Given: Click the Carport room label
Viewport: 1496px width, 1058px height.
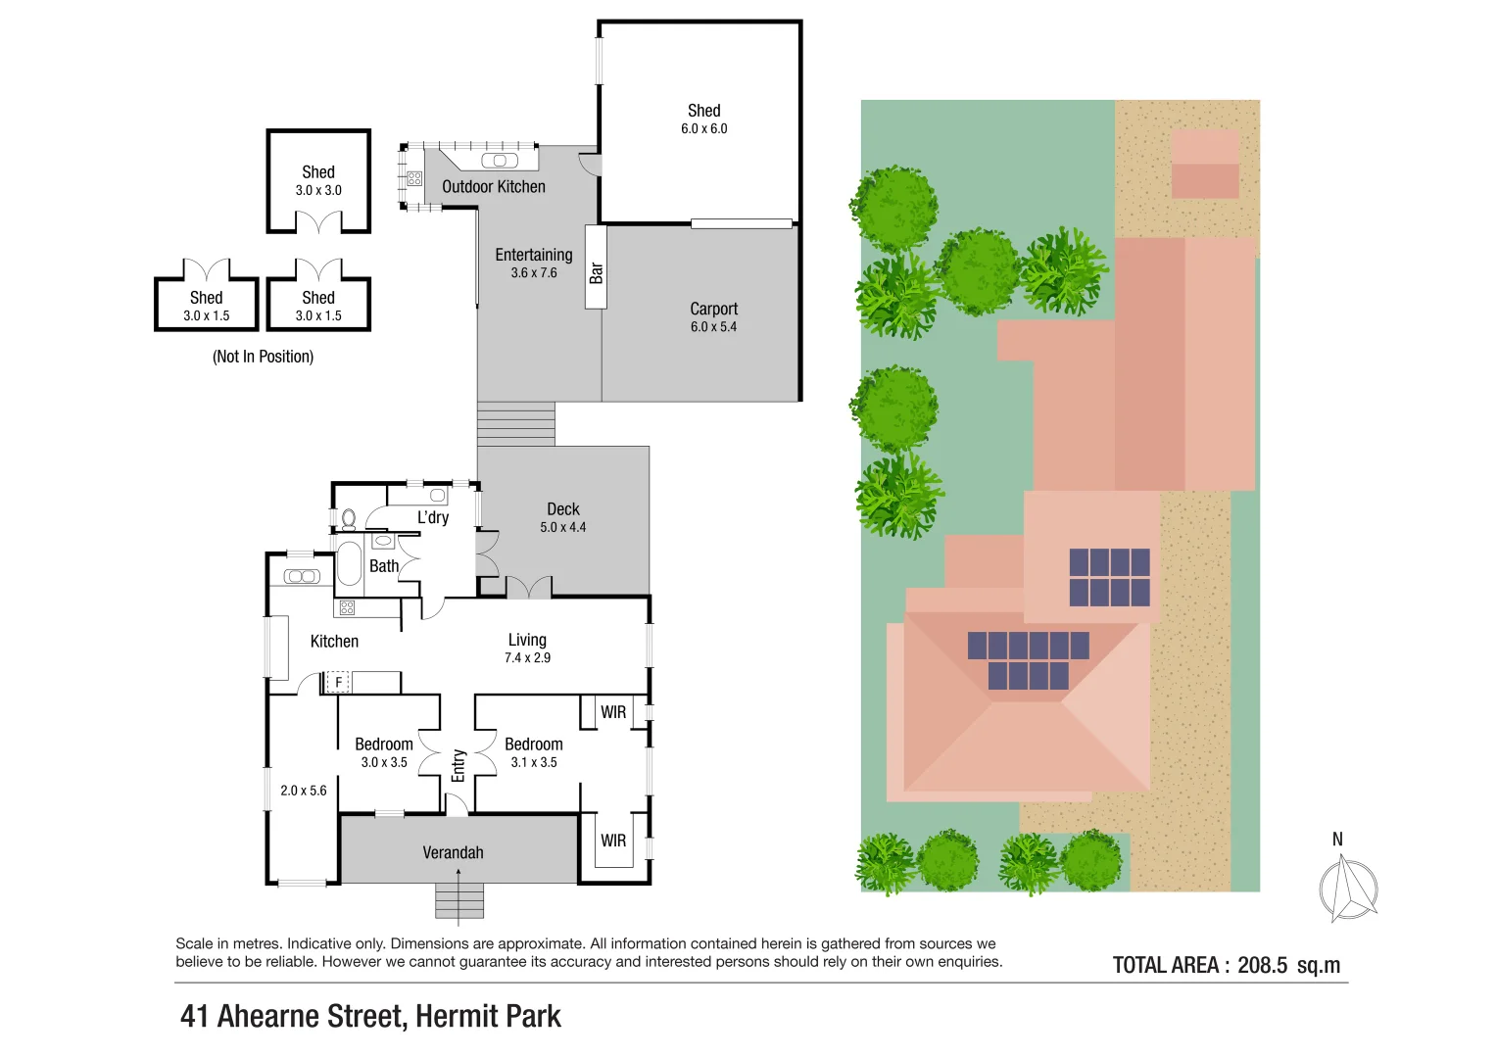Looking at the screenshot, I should click(x=713, y=309).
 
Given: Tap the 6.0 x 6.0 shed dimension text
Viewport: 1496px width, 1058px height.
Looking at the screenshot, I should click(x=703, y=129).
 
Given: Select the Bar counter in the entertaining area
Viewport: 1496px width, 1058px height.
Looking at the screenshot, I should click(x=596, y=267).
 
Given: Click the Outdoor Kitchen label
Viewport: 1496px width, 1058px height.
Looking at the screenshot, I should click(x=493, y=187).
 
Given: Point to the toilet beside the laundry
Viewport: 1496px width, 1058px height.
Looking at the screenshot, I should click(x=348, y=516).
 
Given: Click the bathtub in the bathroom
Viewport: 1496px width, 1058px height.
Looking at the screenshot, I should click(x=349, y=563).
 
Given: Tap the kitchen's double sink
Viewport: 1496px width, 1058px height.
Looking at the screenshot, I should click(x=302, y=576).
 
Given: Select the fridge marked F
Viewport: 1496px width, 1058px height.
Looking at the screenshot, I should click(x=338, y=682).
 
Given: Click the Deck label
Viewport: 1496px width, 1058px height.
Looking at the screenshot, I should click(x=562, y=509).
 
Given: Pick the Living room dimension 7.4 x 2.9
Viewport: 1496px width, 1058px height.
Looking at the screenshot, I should click(x=527, y=658).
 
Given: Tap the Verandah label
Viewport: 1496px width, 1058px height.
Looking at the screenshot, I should click(x=453, y=852).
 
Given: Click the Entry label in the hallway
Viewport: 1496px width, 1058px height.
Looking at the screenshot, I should click(x=458, y=765).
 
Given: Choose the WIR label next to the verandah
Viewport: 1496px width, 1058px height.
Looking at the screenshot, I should click(x=613, y=841).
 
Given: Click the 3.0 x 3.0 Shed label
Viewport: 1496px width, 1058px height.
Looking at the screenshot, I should click(x=318, y=172).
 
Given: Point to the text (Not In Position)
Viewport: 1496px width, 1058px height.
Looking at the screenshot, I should click(x=263, y=357).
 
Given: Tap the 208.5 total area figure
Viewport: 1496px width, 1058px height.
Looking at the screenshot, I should click(x=1262, y=965).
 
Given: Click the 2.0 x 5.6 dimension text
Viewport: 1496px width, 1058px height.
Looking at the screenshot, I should click(x=304, y=791).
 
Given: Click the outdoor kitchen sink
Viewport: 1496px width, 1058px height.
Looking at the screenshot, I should click(x=499, y=161).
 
